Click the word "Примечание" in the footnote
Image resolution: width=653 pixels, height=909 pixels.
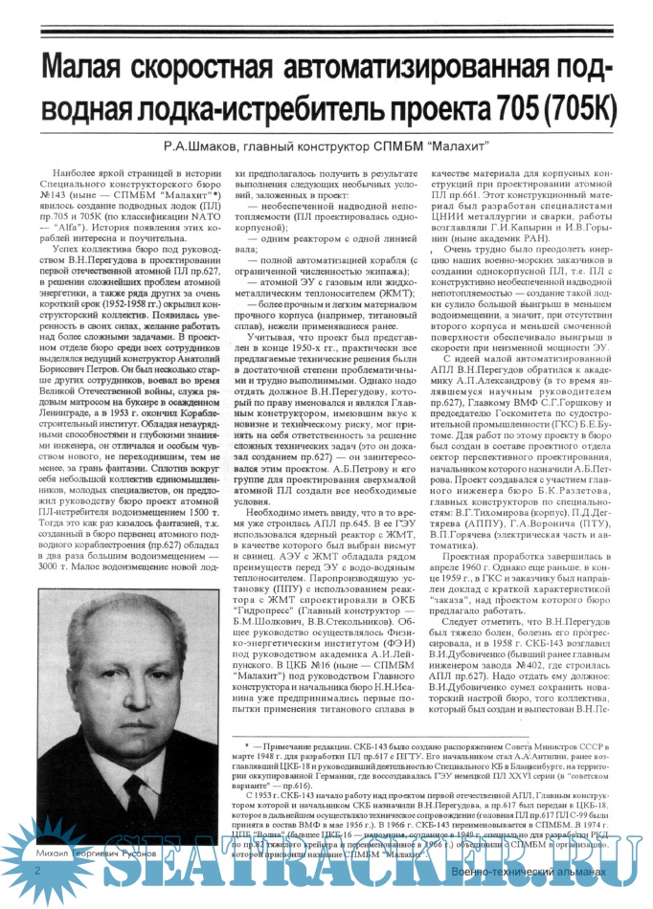[x=294, y=743]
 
